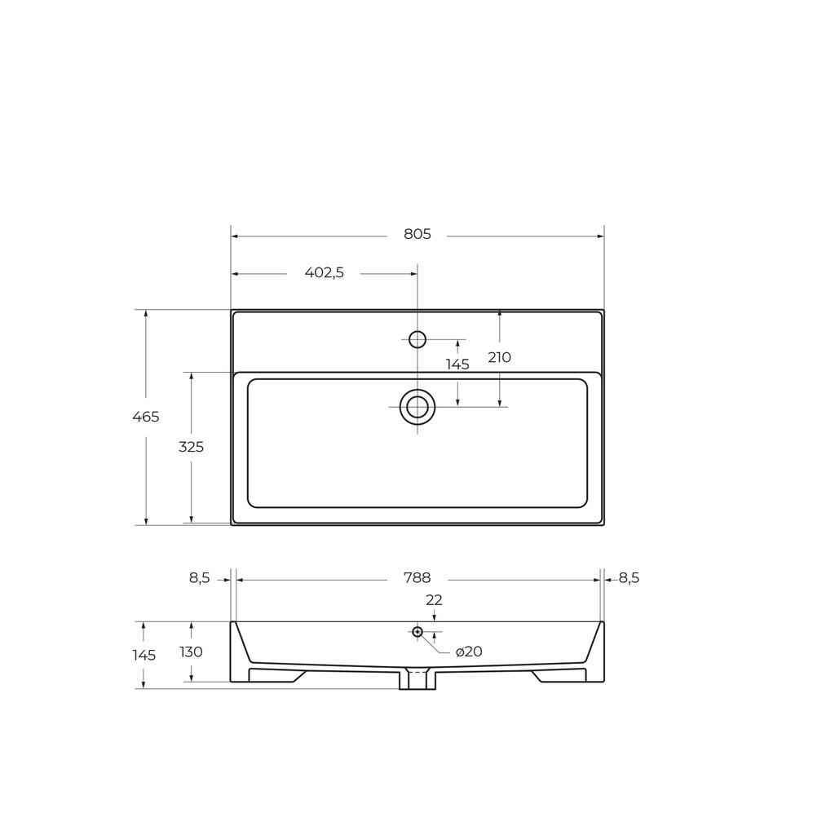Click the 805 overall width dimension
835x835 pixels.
coord(417,234)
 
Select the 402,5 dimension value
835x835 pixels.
coord(325,273)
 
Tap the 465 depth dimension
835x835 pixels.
coord(145,417)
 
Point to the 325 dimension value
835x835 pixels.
coord(191,448)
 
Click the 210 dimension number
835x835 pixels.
coord(500,357)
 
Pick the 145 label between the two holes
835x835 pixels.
coord(457,364)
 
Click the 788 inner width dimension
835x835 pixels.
coord(417,578)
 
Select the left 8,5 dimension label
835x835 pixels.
coord(200,578)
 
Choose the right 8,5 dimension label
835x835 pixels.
coord(629,578)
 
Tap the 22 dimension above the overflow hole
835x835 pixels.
coord(434,600)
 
